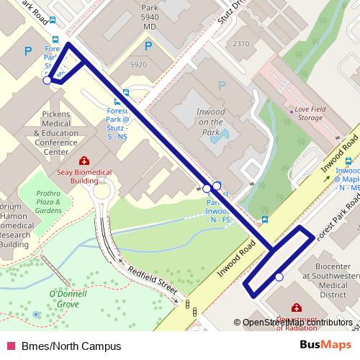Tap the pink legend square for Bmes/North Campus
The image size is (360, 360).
(10, 346)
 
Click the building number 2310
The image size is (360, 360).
(241, 44)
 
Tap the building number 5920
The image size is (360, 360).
(138, 65)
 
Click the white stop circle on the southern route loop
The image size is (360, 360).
(279, 277)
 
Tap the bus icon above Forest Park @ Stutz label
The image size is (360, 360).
(127, 93)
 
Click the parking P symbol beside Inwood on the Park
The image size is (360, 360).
(222, 86)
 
